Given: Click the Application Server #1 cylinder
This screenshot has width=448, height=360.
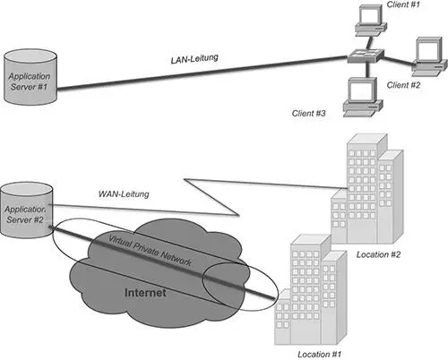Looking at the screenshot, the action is click(x=30, y=77).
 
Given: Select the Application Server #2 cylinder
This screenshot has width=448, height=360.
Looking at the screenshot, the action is click(x=26, y=210).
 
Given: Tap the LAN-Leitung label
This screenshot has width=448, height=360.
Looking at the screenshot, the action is click(x=194, y=58).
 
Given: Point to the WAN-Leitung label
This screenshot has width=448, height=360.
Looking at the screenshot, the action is click(x=124, y=193).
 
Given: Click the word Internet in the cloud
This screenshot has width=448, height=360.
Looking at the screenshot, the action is click(x=145, y=292).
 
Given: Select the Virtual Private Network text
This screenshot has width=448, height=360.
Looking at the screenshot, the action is click(x=150, y=251).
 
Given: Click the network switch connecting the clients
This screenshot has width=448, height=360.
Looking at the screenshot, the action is click(x=366, y=56).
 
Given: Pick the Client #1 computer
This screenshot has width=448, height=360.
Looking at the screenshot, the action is click(x=371, y=21).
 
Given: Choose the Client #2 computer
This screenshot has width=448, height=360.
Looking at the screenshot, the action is click(x=429, y=56).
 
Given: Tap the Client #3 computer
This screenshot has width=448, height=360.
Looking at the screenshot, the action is click(x=362, y=97).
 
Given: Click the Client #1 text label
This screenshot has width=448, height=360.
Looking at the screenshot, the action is click(x=403, y=4).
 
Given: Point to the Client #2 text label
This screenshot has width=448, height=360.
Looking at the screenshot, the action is click(x=403, y=85).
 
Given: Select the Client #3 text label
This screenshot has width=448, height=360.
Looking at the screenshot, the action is click(x=308, y=114).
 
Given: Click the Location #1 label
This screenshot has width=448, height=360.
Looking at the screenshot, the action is click(x=319, y=355).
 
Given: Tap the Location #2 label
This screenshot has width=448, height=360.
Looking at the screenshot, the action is click(x=378, y=254).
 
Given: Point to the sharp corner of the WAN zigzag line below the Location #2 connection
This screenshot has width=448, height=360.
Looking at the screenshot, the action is click(x=239, y=215).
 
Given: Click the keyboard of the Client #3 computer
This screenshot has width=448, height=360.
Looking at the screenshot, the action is click(x=359, y=113).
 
